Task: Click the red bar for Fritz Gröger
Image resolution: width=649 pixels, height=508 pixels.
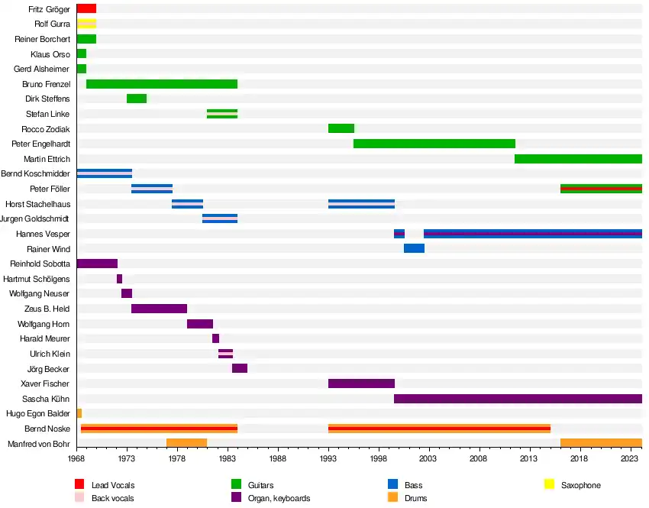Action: coord(86,8)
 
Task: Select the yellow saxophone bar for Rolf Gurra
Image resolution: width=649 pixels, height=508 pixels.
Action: coord(86,24)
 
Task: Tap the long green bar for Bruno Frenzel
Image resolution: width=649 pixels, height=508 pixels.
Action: coord(162,84)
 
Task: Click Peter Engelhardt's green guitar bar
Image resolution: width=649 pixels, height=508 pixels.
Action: coord(434,144)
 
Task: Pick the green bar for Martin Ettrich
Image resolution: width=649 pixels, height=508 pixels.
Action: coord(578,159)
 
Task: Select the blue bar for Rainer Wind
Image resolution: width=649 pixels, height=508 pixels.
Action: coord(414,249)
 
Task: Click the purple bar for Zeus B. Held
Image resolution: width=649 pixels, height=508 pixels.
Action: coord(159,309)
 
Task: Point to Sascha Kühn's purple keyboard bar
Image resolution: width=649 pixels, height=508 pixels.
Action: coord(518,399)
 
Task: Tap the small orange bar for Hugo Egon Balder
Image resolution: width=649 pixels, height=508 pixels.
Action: coord(79,413)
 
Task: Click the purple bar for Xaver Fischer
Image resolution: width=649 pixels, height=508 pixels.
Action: coord(361,383)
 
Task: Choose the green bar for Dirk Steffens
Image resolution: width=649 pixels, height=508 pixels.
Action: coord(137,99)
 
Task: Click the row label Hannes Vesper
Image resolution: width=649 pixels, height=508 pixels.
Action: coord(43,234)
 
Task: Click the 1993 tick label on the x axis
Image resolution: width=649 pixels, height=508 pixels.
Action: coord(328,458)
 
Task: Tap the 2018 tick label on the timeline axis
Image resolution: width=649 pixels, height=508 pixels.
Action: coord(579,458)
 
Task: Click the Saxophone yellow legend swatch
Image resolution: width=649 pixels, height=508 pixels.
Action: coord(549,484)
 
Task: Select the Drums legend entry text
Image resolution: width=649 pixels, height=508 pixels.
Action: coord(416,498)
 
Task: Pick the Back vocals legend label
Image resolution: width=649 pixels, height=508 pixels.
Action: coord(112,498)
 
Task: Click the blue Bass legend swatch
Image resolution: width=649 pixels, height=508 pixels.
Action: coord(392,484)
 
